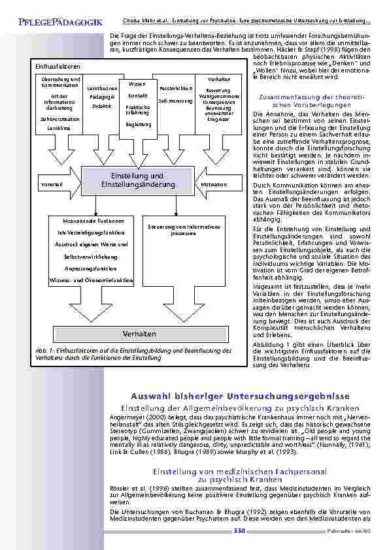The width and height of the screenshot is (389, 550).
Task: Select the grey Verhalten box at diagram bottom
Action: click(139, 334)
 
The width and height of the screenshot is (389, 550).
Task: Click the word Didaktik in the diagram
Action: click(101, 106)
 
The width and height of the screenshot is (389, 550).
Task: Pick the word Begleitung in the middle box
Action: click(138, 124)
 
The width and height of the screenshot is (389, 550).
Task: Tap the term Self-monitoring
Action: click(175, 101)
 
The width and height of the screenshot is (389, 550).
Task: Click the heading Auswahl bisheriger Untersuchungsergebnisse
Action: click(240, 396)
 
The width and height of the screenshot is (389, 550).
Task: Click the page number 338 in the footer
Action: click(239, 531)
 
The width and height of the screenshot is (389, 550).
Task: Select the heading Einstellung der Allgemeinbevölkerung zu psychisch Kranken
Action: click(240, 408)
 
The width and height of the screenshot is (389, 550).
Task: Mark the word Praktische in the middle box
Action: click(138, 106)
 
